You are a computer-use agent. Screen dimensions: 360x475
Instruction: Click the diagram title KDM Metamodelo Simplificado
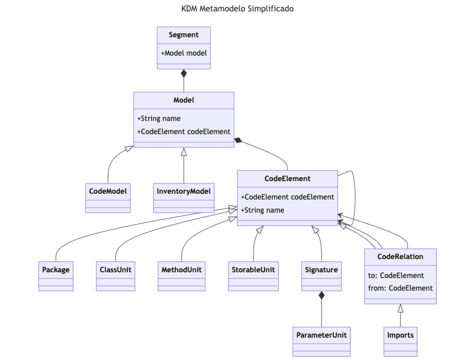point(237,9)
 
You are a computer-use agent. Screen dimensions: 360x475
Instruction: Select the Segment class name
point(184,35)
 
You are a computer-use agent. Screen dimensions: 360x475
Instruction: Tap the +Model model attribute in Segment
point(184,53)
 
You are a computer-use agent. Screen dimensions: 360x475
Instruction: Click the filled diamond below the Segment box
point(184,73)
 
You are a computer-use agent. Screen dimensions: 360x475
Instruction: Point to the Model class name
point(184,100)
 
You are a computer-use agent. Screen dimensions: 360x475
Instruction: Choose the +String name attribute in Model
point(159,119)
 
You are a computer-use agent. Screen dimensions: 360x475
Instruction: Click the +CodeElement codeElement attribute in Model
point(184,131)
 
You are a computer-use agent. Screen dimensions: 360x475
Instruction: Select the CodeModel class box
point(108,198)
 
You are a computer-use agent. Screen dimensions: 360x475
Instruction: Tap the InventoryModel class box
point(184,198)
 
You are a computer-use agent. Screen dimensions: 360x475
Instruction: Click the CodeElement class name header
point(287,179)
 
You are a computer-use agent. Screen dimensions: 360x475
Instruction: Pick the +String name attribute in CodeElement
point(263,210)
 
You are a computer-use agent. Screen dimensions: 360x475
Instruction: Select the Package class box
point(56,276)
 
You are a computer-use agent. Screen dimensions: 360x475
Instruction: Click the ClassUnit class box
point(115,276)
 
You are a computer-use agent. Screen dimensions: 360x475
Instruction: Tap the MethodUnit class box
point(181,276)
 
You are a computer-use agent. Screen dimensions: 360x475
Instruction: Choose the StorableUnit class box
point(253,276)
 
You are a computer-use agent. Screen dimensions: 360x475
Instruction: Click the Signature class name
point(321,269)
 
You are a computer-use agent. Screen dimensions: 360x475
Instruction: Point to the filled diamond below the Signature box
point(321,295)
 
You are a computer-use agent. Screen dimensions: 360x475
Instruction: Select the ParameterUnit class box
point(321,341)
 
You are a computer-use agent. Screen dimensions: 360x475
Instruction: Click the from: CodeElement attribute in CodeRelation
point(400,288)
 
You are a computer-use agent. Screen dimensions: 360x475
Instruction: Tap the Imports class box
point(400,341)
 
